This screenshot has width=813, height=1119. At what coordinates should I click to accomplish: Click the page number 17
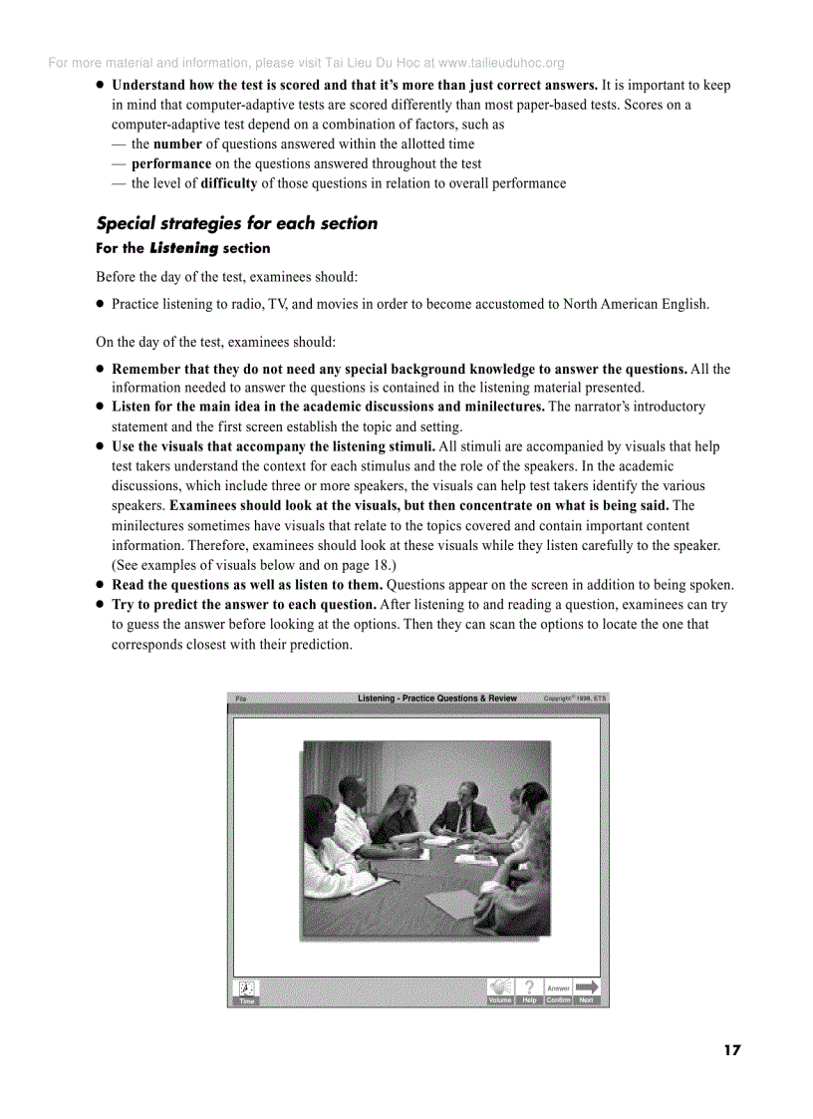732,1050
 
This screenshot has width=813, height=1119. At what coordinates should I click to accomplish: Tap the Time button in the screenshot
247,991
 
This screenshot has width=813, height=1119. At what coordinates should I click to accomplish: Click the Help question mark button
529,990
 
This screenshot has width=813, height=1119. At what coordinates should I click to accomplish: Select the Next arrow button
587,990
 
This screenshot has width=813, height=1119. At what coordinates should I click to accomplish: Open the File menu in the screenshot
240,699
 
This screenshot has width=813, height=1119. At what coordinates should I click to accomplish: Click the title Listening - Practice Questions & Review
437,699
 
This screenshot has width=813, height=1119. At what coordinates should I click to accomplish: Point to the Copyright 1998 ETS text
574,699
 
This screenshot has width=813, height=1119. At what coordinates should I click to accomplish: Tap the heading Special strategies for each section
236,223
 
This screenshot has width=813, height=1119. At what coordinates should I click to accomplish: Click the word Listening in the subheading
183,248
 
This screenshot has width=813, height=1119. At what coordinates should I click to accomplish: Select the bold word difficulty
229,183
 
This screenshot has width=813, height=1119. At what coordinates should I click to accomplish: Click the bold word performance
171,163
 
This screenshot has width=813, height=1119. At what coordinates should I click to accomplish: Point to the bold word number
177,144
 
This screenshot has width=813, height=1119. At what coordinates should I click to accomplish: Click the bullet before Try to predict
101,605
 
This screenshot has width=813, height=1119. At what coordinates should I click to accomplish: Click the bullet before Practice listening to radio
101,304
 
